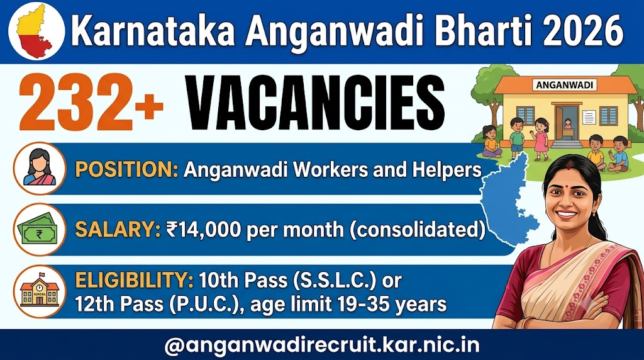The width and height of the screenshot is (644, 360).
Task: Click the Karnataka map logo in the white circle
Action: [36, 31]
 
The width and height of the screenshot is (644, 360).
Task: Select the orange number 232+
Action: [91, 103]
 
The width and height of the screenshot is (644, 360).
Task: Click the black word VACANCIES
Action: [316, 103]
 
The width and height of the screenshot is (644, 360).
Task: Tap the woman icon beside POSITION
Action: [40, 168]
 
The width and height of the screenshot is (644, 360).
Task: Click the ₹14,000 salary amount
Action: [203, 229]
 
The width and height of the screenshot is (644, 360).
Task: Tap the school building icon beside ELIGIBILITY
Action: [40, 291]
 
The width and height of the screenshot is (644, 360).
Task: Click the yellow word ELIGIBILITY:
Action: [134, 280]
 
